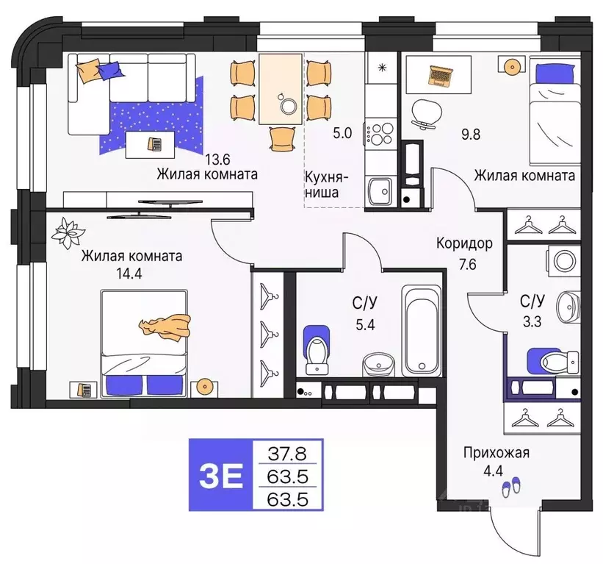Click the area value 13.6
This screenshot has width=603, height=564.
tap(218, 159)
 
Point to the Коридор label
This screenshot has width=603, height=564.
tap(463, 243)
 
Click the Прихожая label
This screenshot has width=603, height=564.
tap(496, 454)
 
